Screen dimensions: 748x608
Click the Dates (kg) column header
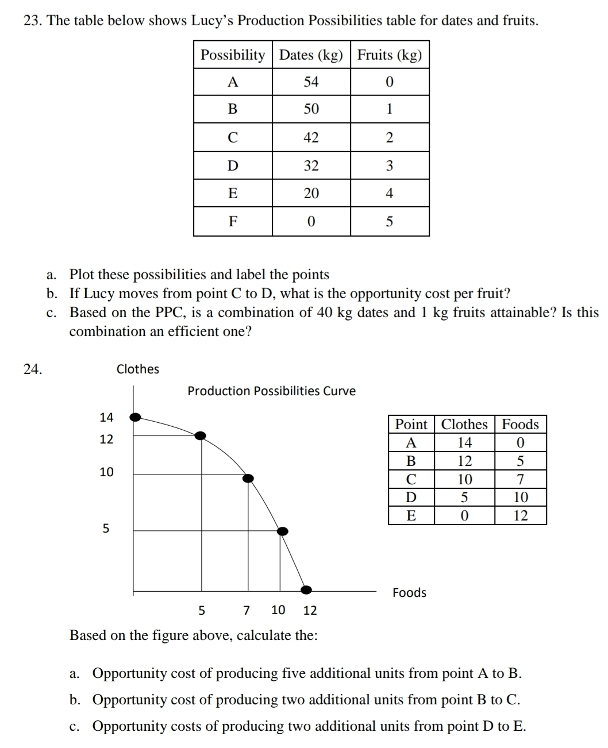click(x=311, y=55)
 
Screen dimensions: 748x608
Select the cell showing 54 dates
click(x=311, y=82)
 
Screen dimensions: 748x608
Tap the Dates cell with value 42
click(x=311, y=137)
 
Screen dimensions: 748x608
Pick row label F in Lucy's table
click(x=233, y=221)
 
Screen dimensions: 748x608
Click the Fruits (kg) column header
click(x=390, y=55)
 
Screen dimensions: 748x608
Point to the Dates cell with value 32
click(x=311, y=166)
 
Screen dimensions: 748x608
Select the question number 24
click(x=33, y=369)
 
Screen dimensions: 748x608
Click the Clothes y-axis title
click(x=138, y=369)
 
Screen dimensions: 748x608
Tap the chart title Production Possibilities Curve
click(x=271, y=391)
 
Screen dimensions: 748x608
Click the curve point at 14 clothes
click(x=136, y=417)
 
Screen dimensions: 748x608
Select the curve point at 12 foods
click(x=306, y=589)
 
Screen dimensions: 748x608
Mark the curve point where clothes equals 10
click(x=248, y=478)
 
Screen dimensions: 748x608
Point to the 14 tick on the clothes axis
click(x=106, y=417)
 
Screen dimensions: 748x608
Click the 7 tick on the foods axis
click(x=247, y=610)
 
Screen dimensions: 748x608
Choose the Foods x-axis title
click(x=409, y=593)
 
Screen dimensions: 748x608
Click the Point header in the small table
click(x=411, y=425)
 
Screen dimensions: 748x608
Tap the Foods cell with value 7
click(x=520, y=479)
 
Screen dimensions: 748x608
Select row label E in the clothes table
click(x=411, y=515)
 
